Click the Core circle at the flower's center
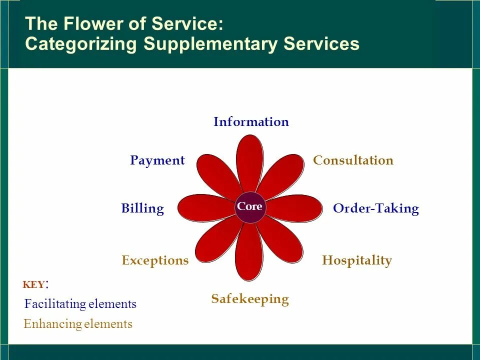point(249,206)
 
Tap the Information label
point(251,122)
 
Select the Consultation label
point(353,160)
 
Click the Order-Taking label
point(375,208)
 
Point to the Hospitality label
point(357,260)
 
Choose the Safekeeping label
point(250,299)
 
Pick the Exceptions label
point(155,260)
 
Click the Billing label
point(142,208)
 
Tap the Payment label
point(157,160)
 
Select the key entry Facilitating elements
point(80,304)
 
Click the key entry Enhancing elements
point(78,324)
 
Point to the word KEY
point(33,285)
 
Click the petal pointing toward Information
point(250,162)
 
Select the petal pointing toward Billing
point(205,207)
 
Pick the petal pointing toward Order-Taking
point(295,208)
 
